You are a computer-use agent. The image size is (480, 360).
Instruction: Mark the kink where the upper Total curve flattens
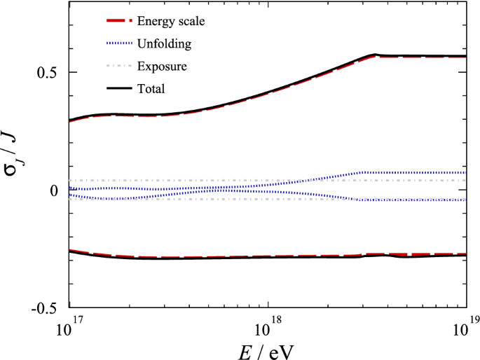point(376,55)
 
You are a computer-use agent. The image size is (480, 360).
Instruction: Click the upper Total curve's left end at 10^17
point(70,120)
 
